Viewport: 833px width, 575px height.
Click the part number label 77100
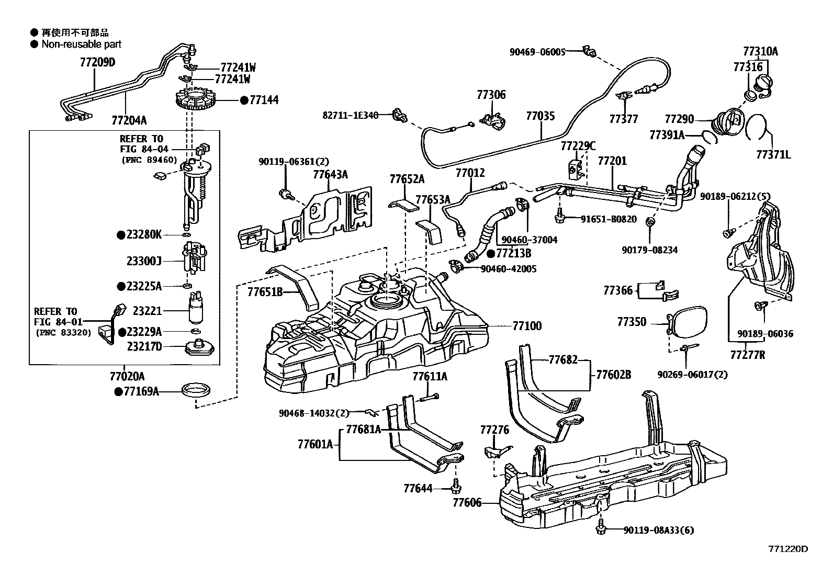pyautogui.click(x=527, y=326)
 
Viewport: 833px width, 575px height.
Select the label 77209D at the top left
pyautogui.click(x=97, y=63)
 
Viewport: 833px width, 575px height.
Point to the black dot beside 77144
pyautogui.click(x=243, y=100)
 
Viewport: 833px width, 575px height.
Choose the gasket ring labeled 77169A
pyautogui.click(x=196, y=391)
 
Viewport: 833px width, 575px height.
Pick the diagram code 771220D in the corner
pyautogui.click(x=788, y=549)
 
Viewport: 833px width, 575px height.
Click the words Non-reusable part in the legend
pyautogui.click(x=82, y=44)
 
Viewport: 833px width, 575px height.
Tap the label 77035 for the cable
pyautogui.click(x=540, y=116)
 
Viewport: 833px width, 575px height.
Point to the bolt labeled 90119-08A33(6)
pyautogui.click(x=601, y=528)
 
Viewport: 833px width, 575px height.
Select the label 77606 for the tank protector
pyautogui.click(x=467, y=503)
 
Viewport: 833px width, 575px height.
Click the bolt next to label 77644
pyautogui.click(x=454, y=487)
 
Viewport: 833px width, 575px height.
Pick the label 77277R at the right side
pyautogui.click(x=747, y=355)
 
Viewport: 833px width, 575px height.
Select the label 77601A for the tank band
pyautogui.click(x=315, y=445)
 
